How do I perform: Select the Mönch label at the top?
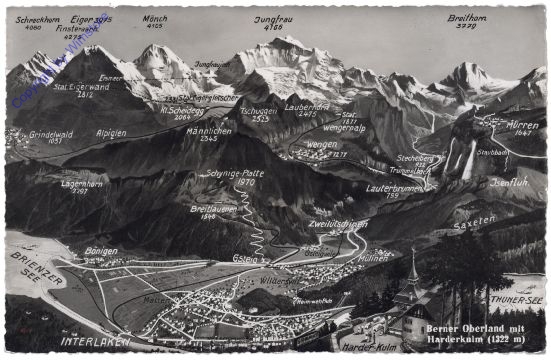(153, 17)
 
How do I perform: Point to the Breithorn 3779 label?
(468, 18)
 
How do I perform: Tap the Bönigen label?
(102, 250)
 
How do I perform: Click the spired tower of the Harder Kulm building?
(412, 270)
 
